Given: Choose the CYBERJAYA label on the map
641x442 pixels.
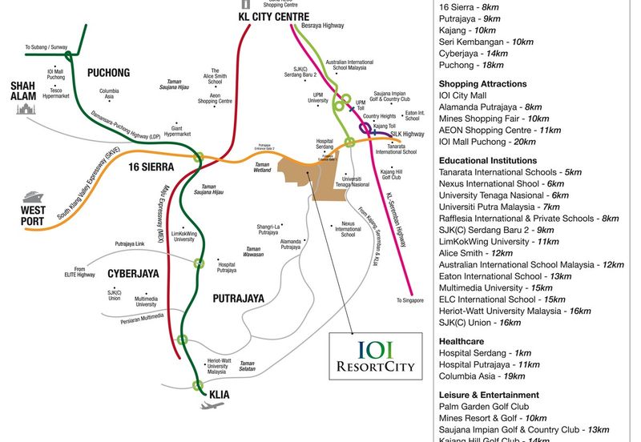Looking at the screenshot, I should (x=133, y=274).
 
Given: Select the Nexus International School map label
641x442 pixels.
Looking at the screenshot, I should (x=348, y=229).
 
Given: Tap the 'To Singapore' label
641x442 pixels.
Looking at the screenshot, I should (x=411, y=301).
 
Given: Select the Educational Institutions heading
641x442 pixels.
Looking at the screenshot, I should (x=487, y=160).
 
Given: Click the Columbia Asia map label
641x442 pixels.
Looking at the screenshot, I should (x=109, y=94).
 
